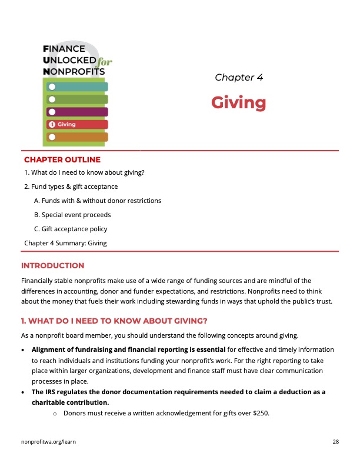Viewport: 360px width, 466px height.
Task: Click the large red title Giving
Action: click(238, 103)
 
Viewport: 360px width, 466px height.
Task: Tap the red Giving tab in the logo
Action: click(77, 124)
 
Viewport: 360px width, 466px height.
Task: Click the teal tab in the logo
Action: click(77, 87)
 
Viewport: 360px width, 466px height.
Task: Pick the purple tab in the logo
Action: click(77, 112)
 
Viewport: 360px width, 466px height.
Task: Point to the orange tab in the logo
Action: click(77, 137)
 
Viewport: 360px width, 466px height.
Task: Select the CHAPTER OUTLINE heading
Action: click(62, 159)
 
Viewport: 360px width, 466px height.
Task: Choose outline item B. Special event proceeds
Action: click(72, 215)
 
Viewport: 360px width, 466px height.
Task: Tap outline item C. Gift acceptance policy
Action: click(71, 229)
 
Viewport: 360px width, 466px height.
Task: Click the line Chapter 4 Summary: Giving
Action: click(65, 242)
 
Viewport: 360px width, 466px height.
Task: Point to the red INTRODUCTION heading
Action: click(52, 266)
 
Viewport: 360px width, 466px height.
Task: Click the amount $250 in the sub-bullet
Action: click(260, 413)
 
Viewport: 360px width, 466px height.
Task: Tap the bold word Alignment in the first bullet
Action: click(49, 349)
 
